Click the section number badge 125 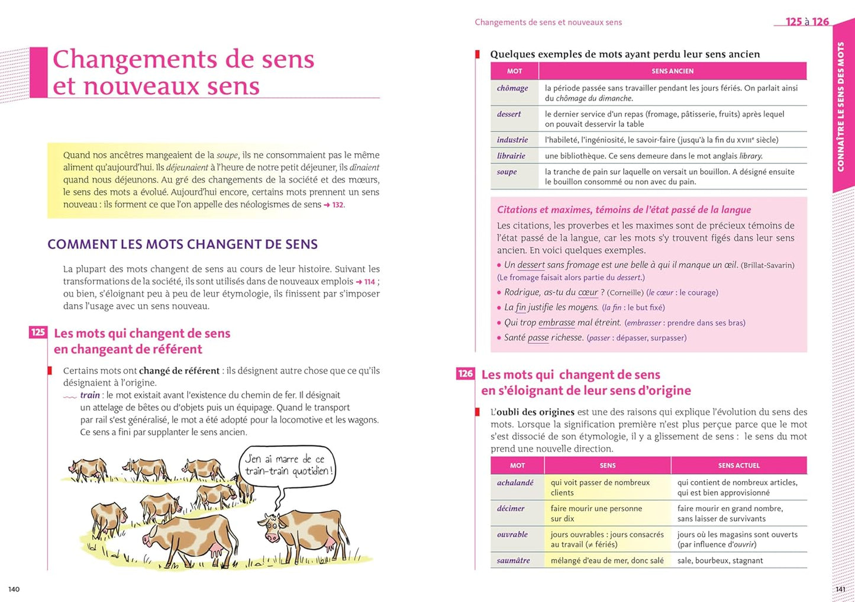point(38,333)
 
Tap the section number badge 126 point(466,374)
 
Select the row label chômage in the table point(512,88)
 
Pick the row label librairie point(511,156)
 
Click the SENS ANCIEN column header point(672,71)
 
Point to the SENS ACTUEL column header point(738,465)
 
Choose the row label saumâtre point(513,560)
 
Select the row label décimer point(511,508)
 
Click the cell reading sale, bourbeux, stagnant point(720,561)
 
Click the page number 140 point(14,589)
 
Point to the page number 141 point(840,589)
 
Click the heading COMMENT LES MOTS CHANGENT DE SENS point(182,244)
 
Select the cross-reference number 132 point(337,205)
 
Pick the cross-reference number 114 point(370,282)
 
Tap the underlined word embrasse point(556,323)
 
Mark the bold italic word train point(90,395)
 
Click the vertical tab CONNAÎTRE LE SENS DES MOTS point(841,107)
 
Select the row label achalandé point(515,482)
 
